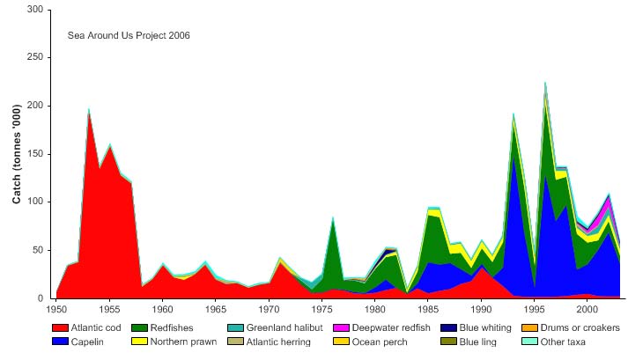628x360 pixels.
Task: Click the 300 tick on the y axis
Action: tap(34, 10)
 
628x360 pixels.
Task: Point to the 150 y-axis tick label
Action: tap(34, 153)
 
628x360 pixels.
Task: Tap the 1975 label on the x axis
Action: tap(321, 310)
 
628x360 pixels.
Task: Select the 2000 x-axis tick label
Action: tap(587, 310)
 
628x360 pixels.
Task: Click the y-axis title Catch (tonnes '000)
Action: tap(17, 154)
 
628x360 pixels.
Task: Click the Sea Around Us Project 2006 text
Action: tap(129, 36)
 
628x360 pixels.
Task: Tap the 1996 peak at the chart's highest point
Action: tap(545, 84)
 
